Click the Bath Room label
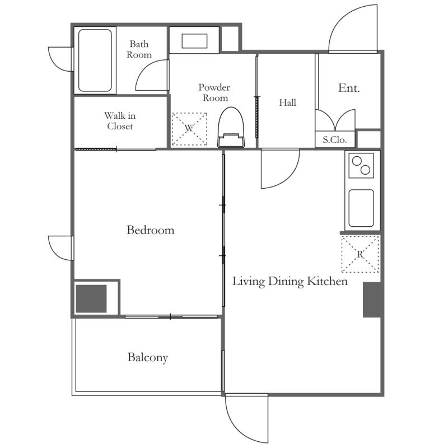click(x=139, y=49)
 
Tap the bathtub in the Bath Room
click(x=95, y=60)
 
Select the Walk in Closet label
click(x=120, y=121)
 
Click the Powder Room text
click(x=214, y=92)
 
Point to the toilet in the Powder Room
click(x=231, y=128)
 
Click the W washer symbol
click(x=189, y=129)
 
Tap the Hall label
click(x=287, y=102)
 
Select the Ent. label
click(x=349, y=88)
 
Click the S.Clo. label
click(x=334, y=139)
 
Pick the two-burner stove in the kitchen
click(x=361, y=165)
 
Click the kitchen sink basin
click(x=361, y=208)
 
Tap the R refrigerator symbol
click(x=360, y=254)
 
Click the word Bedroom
click(x=151, y=230)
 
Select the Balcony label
click(x=148, y=358)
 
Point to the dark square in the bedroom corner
click(x=91, y=298)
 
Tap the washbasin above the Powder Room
click(x=194, y=41)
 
